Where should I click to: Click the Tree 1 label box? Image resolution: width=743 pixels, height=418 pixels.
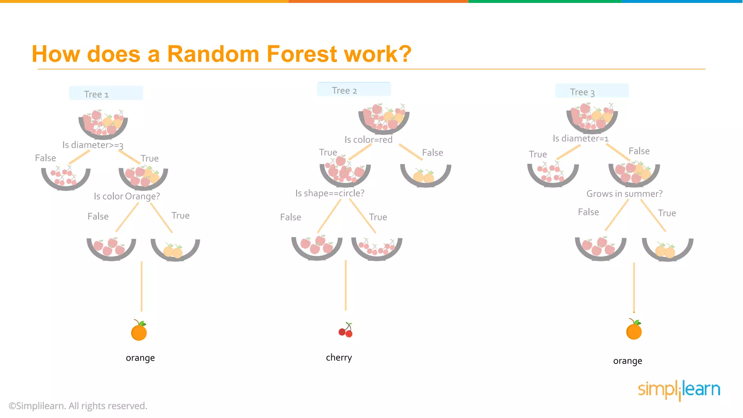[106, 93]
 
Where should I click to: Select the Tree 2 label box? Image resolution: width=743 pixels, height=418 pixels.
[354, 89]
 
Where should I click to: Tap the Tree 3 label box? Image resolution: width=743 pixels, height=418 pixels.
[592, 91]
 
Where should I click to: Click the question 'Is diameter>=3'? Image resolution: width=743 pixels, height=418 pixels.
[93, 145]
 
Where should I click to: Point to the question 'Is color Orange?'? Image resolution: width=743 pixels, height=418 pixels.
[127, 196]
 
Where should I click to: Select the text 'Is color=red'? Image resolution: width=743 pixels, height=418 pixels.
[368, 140]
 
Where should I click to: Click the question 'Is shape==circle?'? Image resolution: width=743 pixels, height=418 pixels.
[330, 193]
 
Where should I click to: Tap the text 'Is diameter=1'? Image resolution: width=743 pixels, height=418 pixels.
[580, 138]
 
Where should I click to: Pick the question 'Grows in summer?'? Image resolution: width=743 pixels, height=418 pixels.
[624, 194]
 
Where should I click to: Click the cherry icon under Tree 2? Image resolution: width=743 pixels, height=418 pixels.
[346, 330]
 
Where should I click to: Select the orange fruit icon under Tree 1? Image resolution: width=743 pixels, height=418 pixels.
[139, 331]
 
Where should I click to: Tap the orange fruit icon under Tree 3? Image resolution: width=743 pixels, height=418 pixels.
[634, 330]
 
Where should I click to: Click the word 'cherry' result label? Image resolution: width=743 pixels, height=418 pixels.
[339, 358]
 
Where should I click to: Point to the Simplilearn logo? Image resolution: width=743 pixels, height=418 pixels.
[679, 390]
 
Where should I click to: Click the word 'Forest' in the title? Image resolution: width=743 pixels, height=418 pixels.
[302, 54]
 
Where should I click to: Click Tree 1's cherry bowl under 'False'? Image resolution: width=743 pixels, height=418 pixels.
[66, 177]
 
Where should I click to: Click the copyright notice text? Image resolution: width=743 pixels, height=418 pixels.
[78, 406]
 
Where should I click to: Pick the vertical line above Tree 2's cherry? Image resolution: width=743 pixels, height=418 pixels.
[346, 285]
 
